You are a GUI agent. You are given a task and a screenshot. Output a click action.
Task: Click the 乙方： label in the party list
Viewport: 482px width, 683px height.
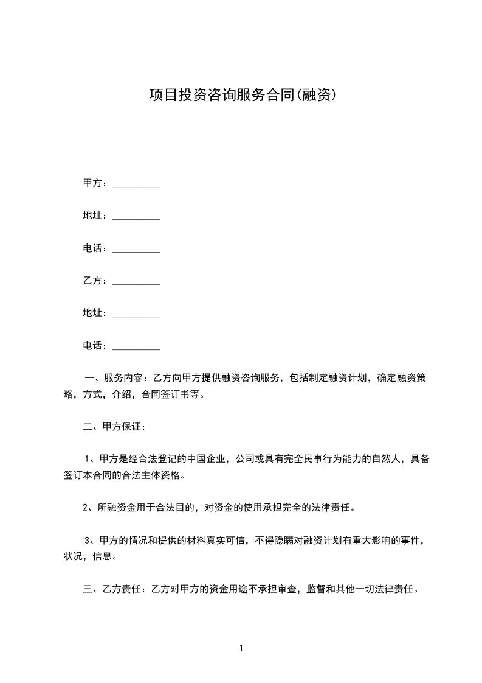[x=95, y=281]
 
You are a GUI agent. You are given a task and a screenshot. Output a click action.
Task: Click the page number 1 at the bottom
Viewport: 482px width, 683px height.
[x=241, y=648]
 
